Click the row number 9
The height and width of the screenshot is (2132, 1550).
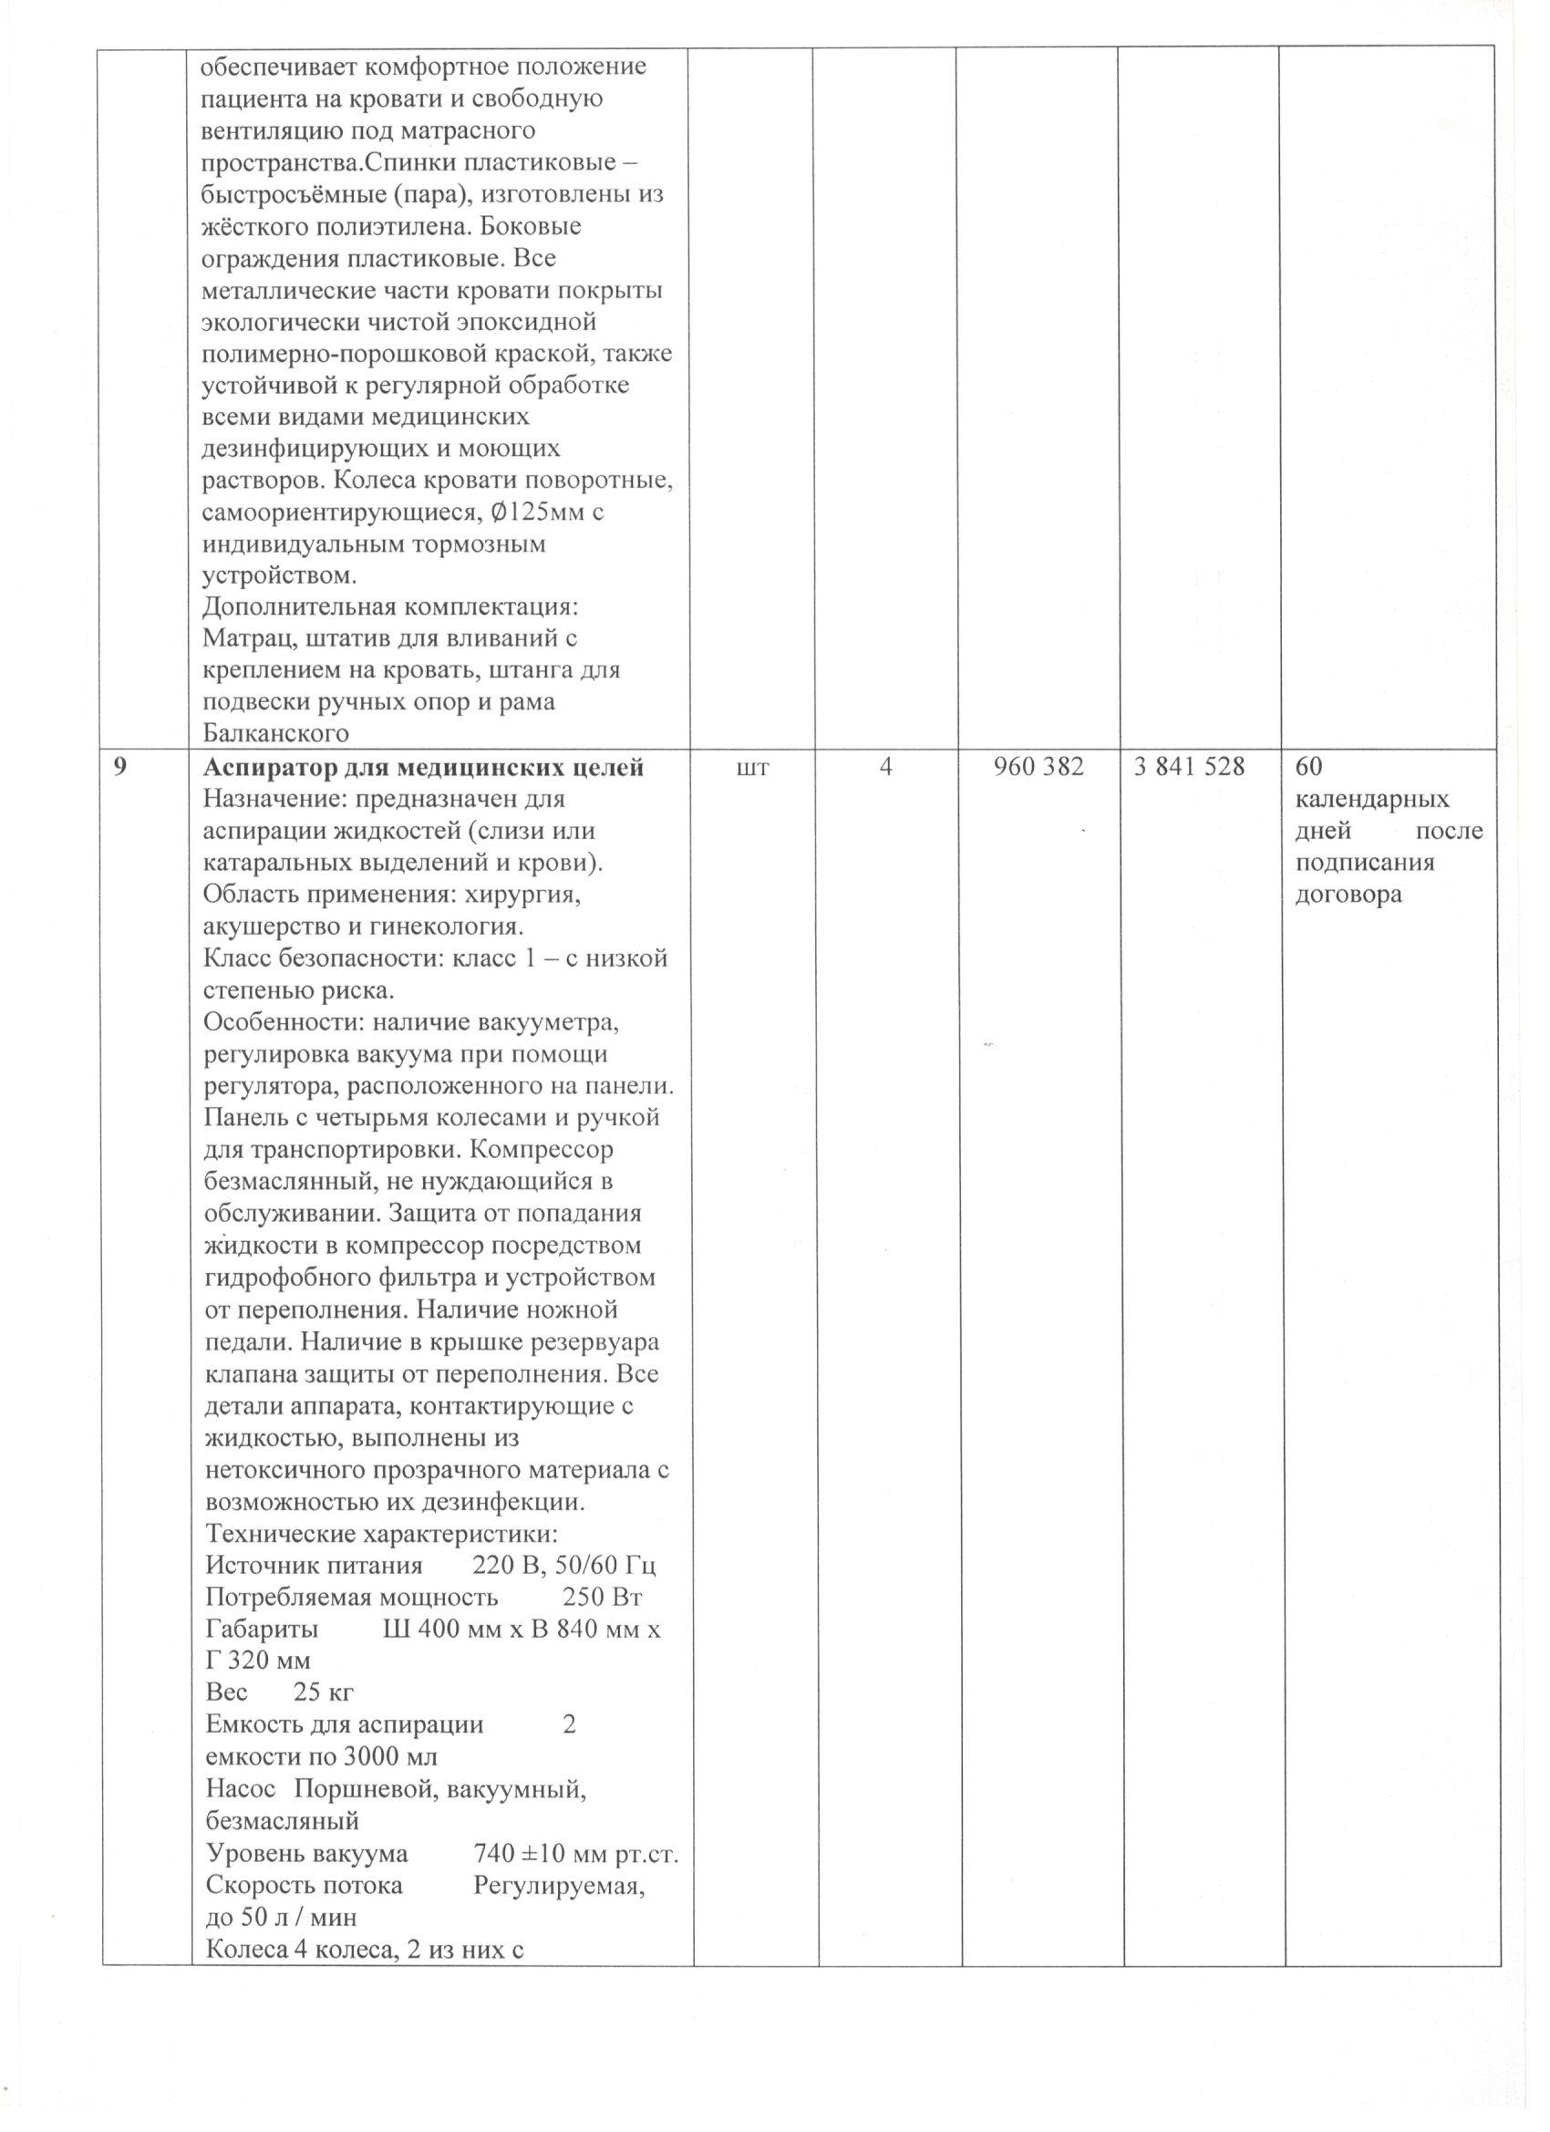click(119, 768)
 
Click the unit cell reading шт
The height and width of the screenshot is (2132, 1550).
click(754, 768)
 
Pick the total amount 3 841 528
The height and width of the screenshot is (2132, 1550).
click(1189, 768)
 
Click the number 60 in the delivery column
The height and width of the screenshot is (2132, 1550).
click(1308, 768)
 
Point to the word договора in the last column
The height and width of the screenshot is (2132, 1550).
click(1348, 894)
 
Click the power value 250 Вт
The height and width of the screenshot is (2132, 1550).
click(603, 1597)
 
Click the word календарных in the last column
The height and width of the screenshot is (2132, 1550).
click(1372, 800)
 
